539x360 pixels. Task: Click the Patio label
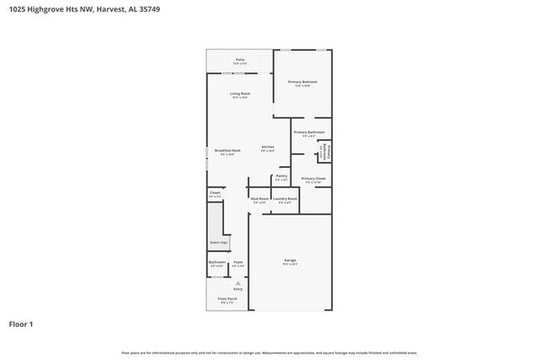(240, 61)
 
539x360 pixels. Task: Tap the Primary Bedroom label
(303, 82)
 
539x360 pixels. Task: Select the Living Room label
(240, 94)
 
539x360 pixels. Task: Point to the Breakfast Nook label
(226, 151)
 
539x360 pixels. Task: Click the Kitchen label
(267, 148)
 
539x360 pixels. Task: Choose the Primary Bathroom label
(308, 133)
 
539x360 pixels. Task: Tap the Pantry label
(281, 176)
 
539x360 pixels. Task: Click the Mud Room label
(260, 199)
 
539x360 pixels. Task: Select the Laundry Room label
(284, 199)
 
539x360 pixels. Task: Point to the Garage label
(290, 261)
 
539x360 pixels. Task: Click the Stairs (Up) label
(218, 242)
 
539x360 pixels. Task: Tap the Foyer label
(238, 262)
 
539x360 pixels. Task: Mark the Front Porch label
(227, 299)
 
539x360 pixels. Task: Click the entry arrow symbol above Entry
(238, 282)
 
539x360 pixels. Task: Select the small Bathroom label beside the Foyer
(217, 262)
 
